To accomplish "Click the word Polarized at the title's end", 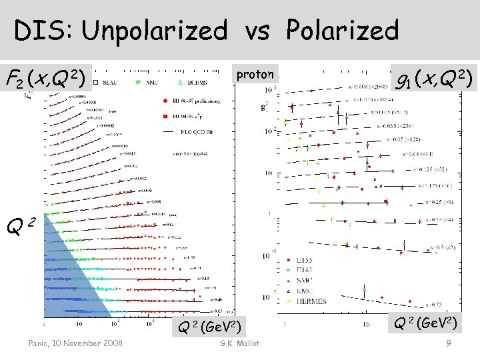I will point(343,30).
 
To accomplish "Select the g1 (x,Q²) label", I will point(433,79).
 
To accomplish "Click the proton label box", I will point(255,74).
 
